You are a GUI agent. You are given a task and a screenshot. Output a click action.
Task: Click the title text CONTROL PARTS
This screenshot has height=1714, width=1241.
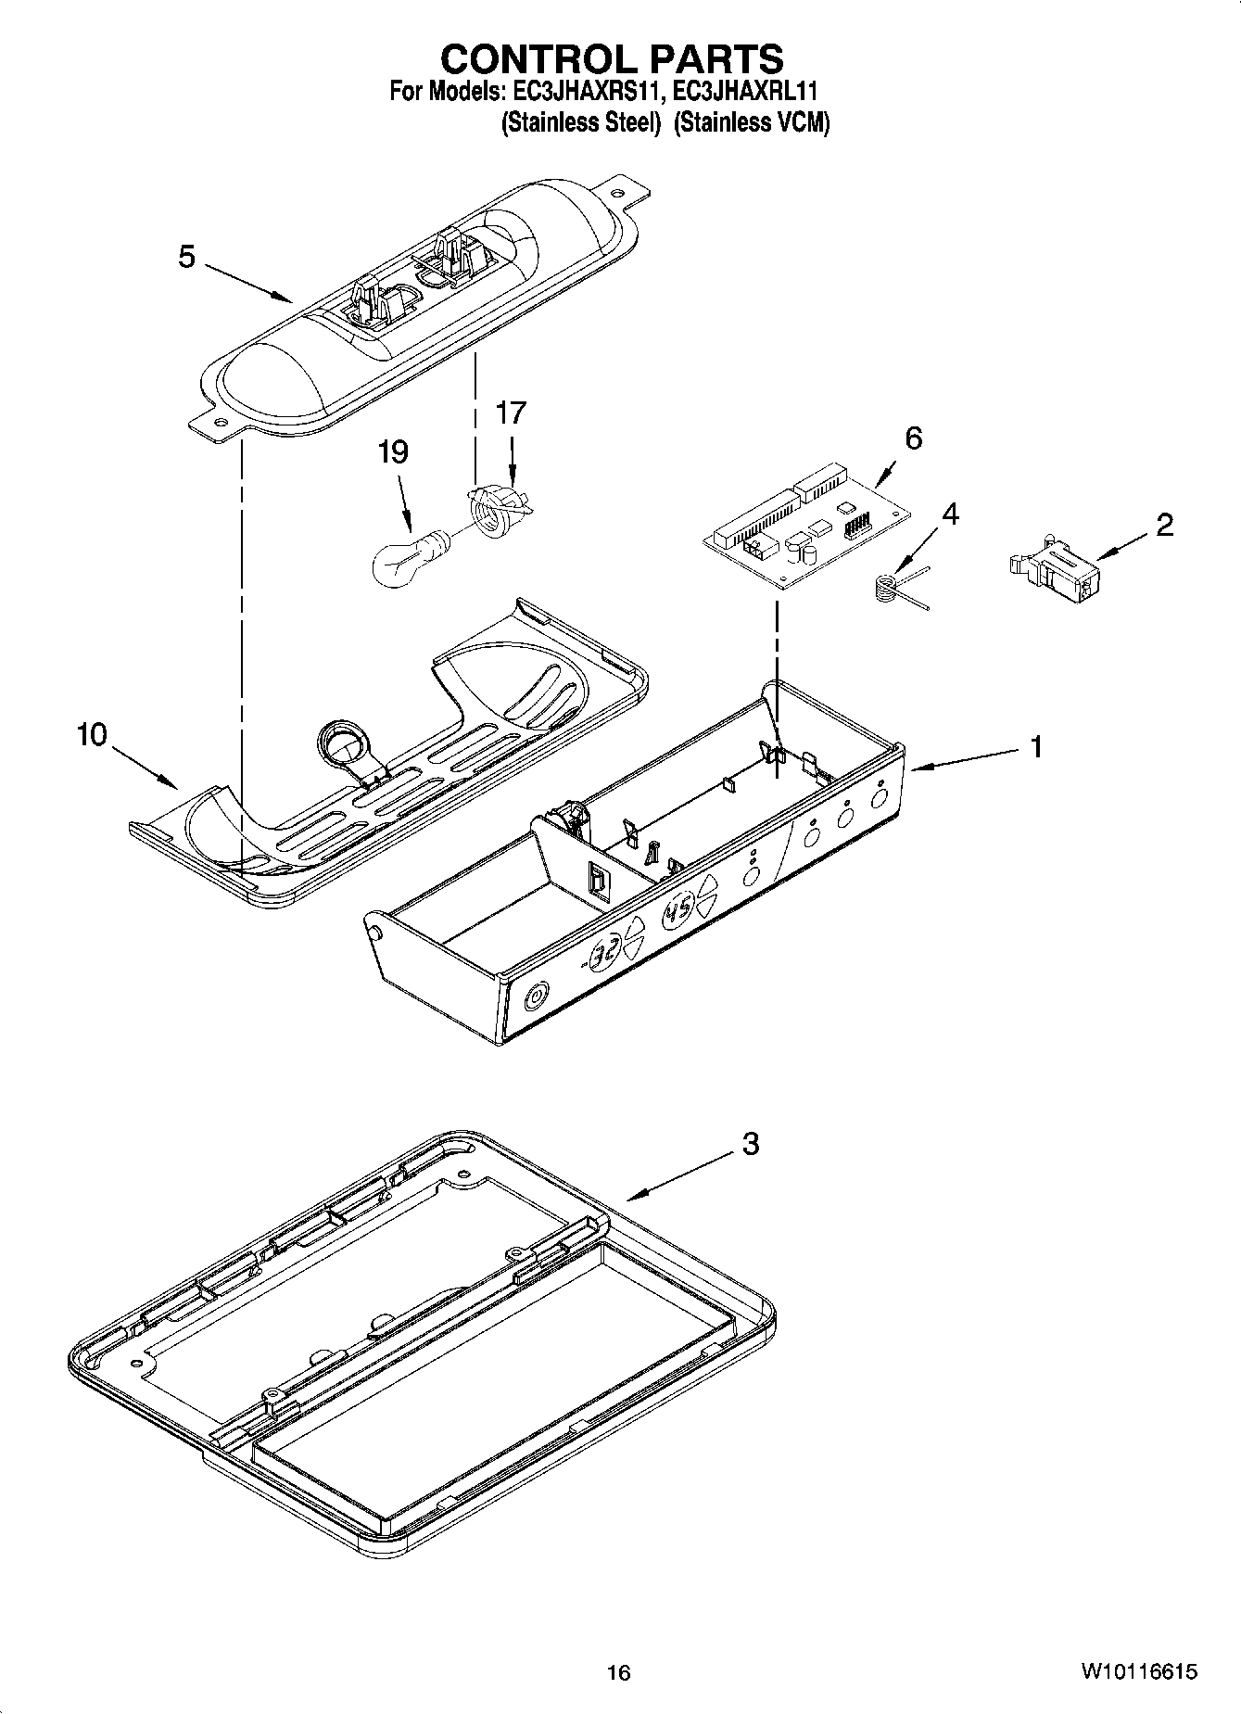pyautogui.click(x=612, y=58)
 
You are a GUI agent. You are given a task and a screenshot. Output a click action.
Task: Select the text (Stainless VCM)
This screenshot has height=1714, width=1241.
pyautogui.click(x=751, y=123)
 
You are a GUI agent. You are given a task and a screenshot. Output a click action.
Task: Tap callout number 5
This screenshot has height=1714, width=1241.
pyautogui.click(x=187, y=257)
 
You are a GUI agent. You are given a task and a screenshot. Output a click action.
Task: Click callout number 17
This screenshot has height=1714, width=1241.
pyautogui.click(x=511, y=413)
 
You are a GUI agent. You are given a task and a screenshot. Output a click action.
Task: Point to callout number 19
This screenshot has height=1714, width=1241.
pyautogui.click(x=393, y=452)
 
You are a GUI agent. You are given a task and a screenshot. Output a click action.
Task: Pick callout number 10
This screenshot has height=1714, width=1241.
pyautogui.click(x=92, y=735)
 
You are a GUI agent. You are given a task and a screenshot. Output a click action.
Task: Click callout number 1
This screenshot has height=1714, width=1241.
pyautogui.click(x=1037, y=746)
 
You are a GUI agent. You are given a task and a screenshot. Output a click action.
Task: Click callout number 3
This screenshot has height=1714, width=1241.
pyautogui.click(x=750, y=1144)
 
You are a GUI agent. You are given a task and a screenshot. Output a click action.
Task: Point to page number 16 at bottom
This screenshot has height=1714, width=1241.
pyautogui.click(x=618, y=1672)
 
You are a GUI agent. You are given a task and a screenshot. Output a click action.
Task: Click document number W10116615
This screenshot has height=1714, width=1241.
pyautogui.click(x=1137, y=1672)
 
